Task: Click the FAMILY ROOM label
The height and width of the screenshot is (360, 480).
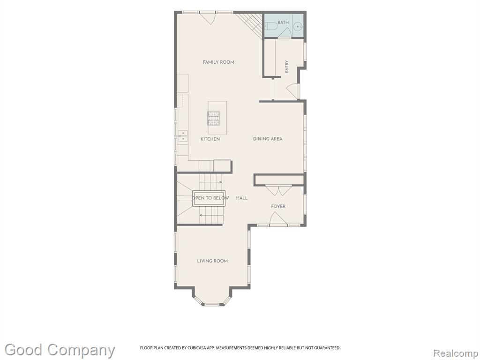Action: pos(218,62)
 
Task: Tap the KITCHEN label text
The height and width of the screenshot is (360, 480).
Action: pos(210,139)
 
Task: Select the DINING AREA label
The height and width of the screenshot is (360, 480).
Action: pos(268,139)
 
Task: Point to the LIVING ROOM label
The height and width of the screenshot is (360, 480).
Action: pos(212,261)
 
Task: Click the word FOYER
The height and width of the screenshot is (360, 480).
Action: pos(278,206)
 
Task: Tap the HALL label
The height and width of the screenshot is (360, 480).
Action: pos(242,198)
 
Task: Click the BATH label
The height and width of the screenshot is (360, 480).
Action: pos(283,22)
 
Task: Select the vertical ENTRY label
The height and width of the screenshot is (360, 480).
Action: pos(287,67)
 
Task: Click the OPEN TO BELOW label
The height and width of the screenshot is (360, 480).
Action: pos(210,198)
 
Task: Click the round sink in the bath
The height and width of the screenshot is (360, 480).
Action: pos(298,27)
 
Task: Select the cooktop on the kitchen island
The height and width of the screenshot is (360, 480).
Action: pos(214,118)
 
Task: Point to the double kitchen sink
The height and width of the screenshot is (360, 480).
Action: pos(183,136)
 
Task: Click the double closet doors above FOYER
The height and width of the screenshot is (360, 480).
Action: pos(278,190)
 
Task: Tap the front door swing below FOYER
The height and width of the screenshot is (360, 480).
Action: pos(278,219)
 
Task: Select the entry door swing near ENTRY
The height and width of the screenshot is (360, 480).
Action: pos(292,91)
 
